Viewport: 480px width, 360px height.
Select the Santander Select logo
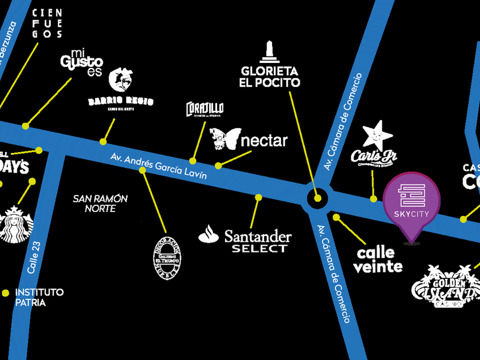coord(246,241)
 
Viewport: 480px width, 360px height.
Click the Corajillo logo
coord(205,109)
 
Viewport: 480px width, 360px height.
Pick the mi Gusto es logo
coord(82,62)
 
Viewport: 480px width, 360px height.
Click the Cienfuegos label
coord(47,23)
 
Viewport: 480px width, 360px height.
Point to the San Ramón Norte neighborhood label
coord(101,203)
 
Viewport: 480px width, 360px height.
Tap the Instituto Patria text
coord(39,297)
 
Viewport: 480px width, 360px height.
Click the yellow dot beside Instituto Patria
coord(6,293)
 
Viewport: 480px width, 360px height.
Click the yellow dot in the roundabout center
coord(318,199)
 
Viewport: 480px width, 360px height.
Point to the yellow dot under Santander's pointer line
coord(258,197)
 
